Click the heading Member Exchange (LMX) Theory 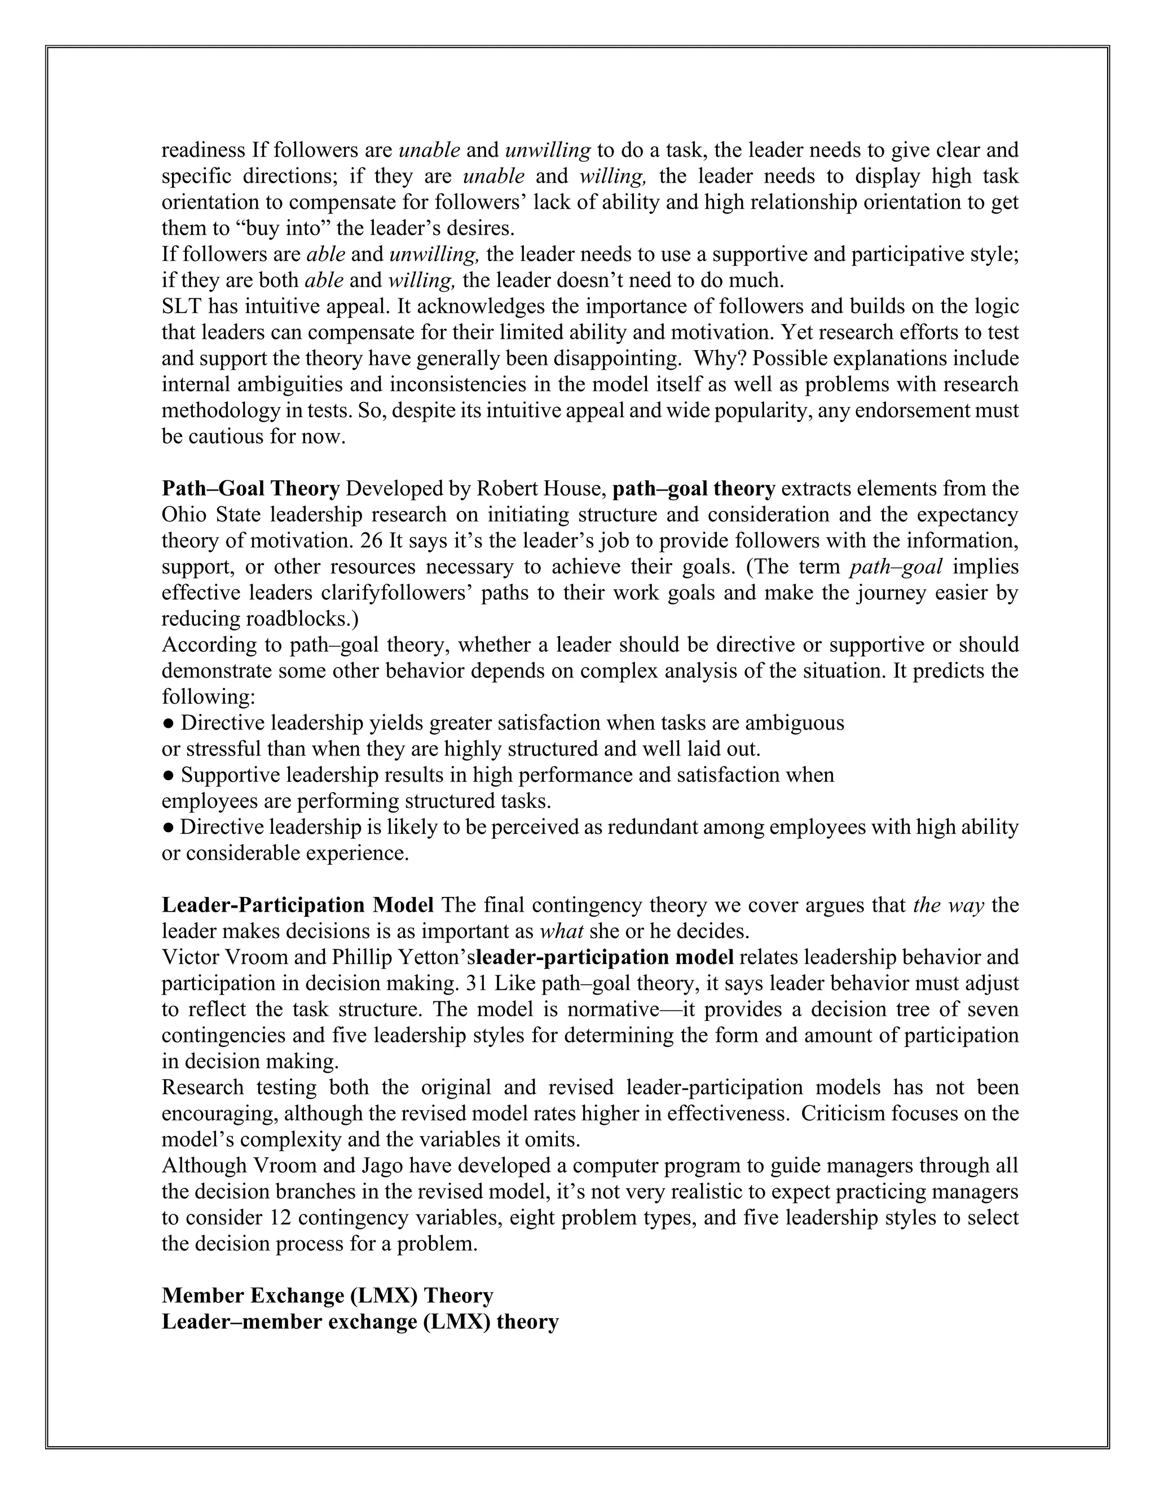(327, 1296)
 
